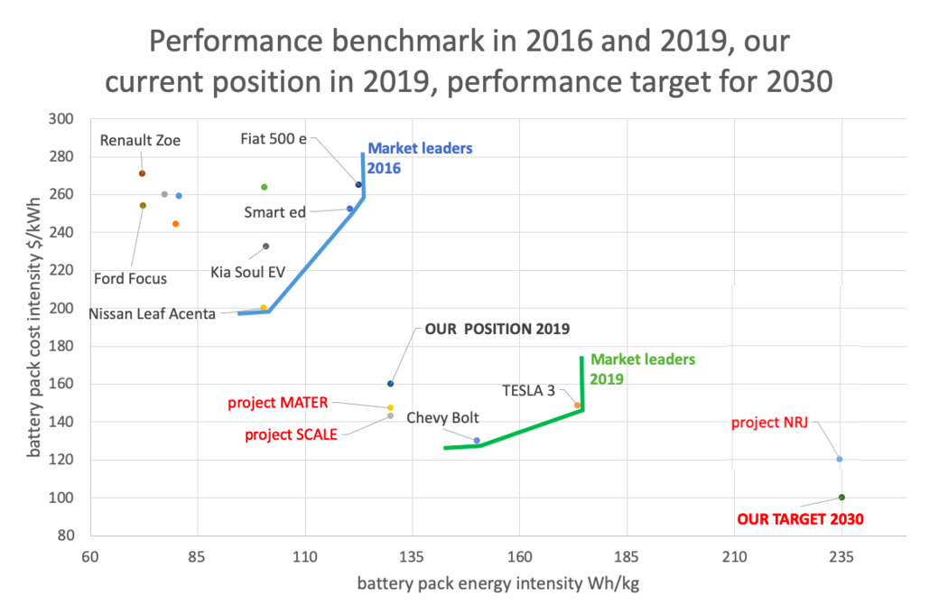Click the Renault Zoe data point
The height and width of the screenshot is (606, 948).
pyautogui.click(x=142, y=173)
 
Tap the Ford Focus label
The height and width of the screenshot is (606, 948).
pyautogui.click(x=130, y=278)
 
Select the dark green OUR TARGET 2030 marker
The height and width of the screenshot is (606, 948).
pyautogui.click(x=841, y=497)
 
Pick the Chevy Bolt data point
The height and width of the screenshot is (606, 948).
pyautogui.click(x=477, y=440)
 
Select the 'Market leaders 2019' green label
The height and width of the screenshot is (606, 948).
pyautogui.click(x=643, y=368)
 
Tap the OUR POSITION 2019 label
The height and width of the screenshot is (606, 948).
pyautogui.click(x=498, y=329)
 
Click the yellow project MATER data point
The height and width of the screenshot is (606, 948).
pyautogui.click(x=390, y=407)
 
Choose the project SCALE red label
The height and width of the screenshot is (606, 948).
pyautogui.click(x=291, y=434)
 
